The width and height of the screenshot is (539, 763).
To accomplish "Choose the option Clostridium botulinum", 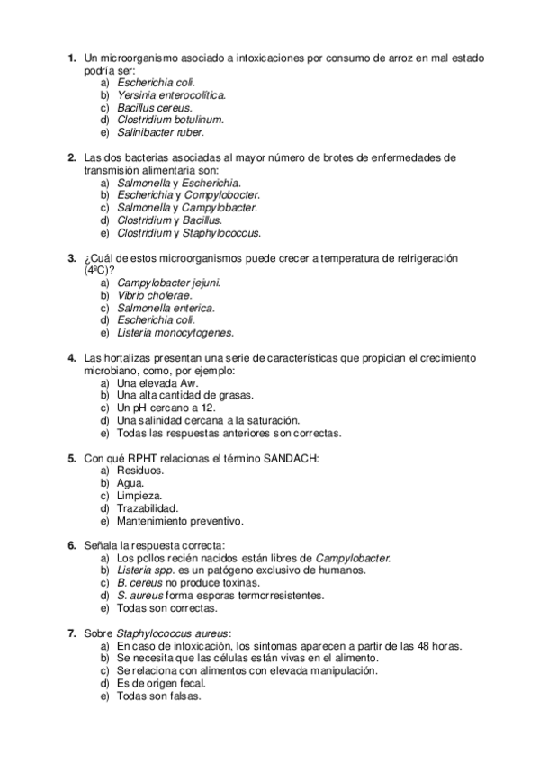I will point(170,119).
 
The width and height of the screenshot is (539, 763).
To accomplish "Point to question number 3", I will point(72,257).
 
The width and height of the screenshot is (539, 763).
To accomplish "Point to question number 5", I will point(72,458).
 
